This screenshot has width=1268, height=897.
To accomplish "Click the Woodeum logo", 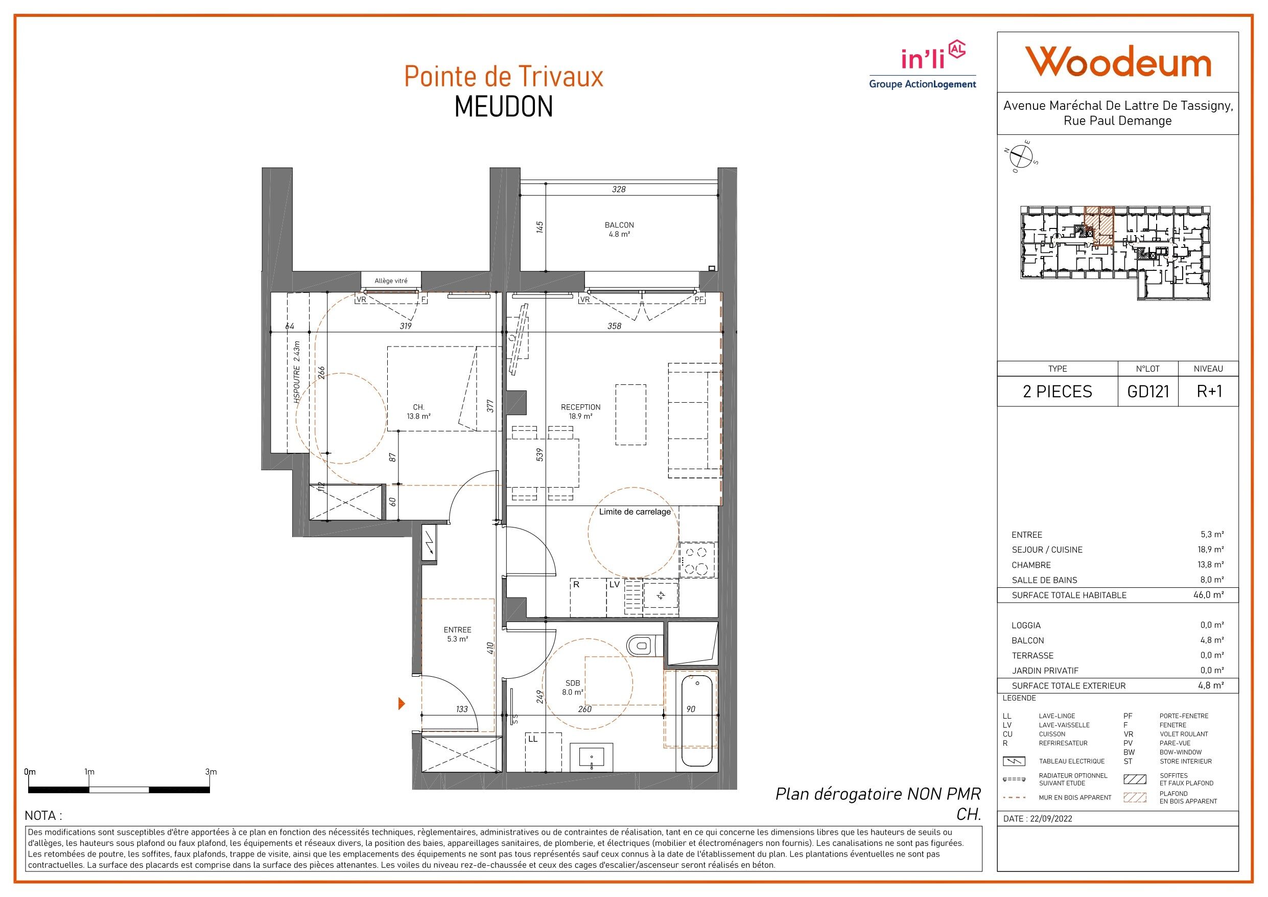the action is point(1118,62).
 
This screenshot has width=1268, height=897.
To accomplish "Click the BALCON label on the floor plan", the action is point(619,225).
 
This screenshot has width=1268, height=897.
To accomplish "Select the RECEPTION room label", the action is point(580,407).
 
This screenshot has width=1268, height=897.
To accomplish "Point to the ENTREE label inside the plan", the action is point(457,630).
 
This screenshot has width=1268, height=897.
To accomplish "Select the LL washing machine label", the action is point(532,739).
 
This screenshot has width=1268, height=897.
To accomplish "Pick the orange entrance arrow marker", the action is point(402,704).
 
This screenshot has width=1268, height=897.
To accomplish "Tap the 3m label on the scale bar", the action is point(210,772).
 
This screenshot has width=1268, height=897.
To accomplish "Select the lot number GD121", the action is point(1148,392).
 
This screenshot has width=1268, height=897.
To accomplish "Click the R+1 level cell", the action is point(1209,392).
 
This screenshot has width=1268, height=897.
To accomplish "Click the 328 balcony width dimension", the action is point(619,189).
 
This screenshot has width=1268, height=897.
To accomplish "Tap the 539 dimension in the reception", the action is point(540,454).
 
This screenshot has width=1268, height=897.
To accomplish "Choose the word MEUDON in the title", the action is point(504,107).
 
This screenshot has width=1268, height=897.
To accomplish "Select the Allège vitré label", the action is point(391,281).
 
